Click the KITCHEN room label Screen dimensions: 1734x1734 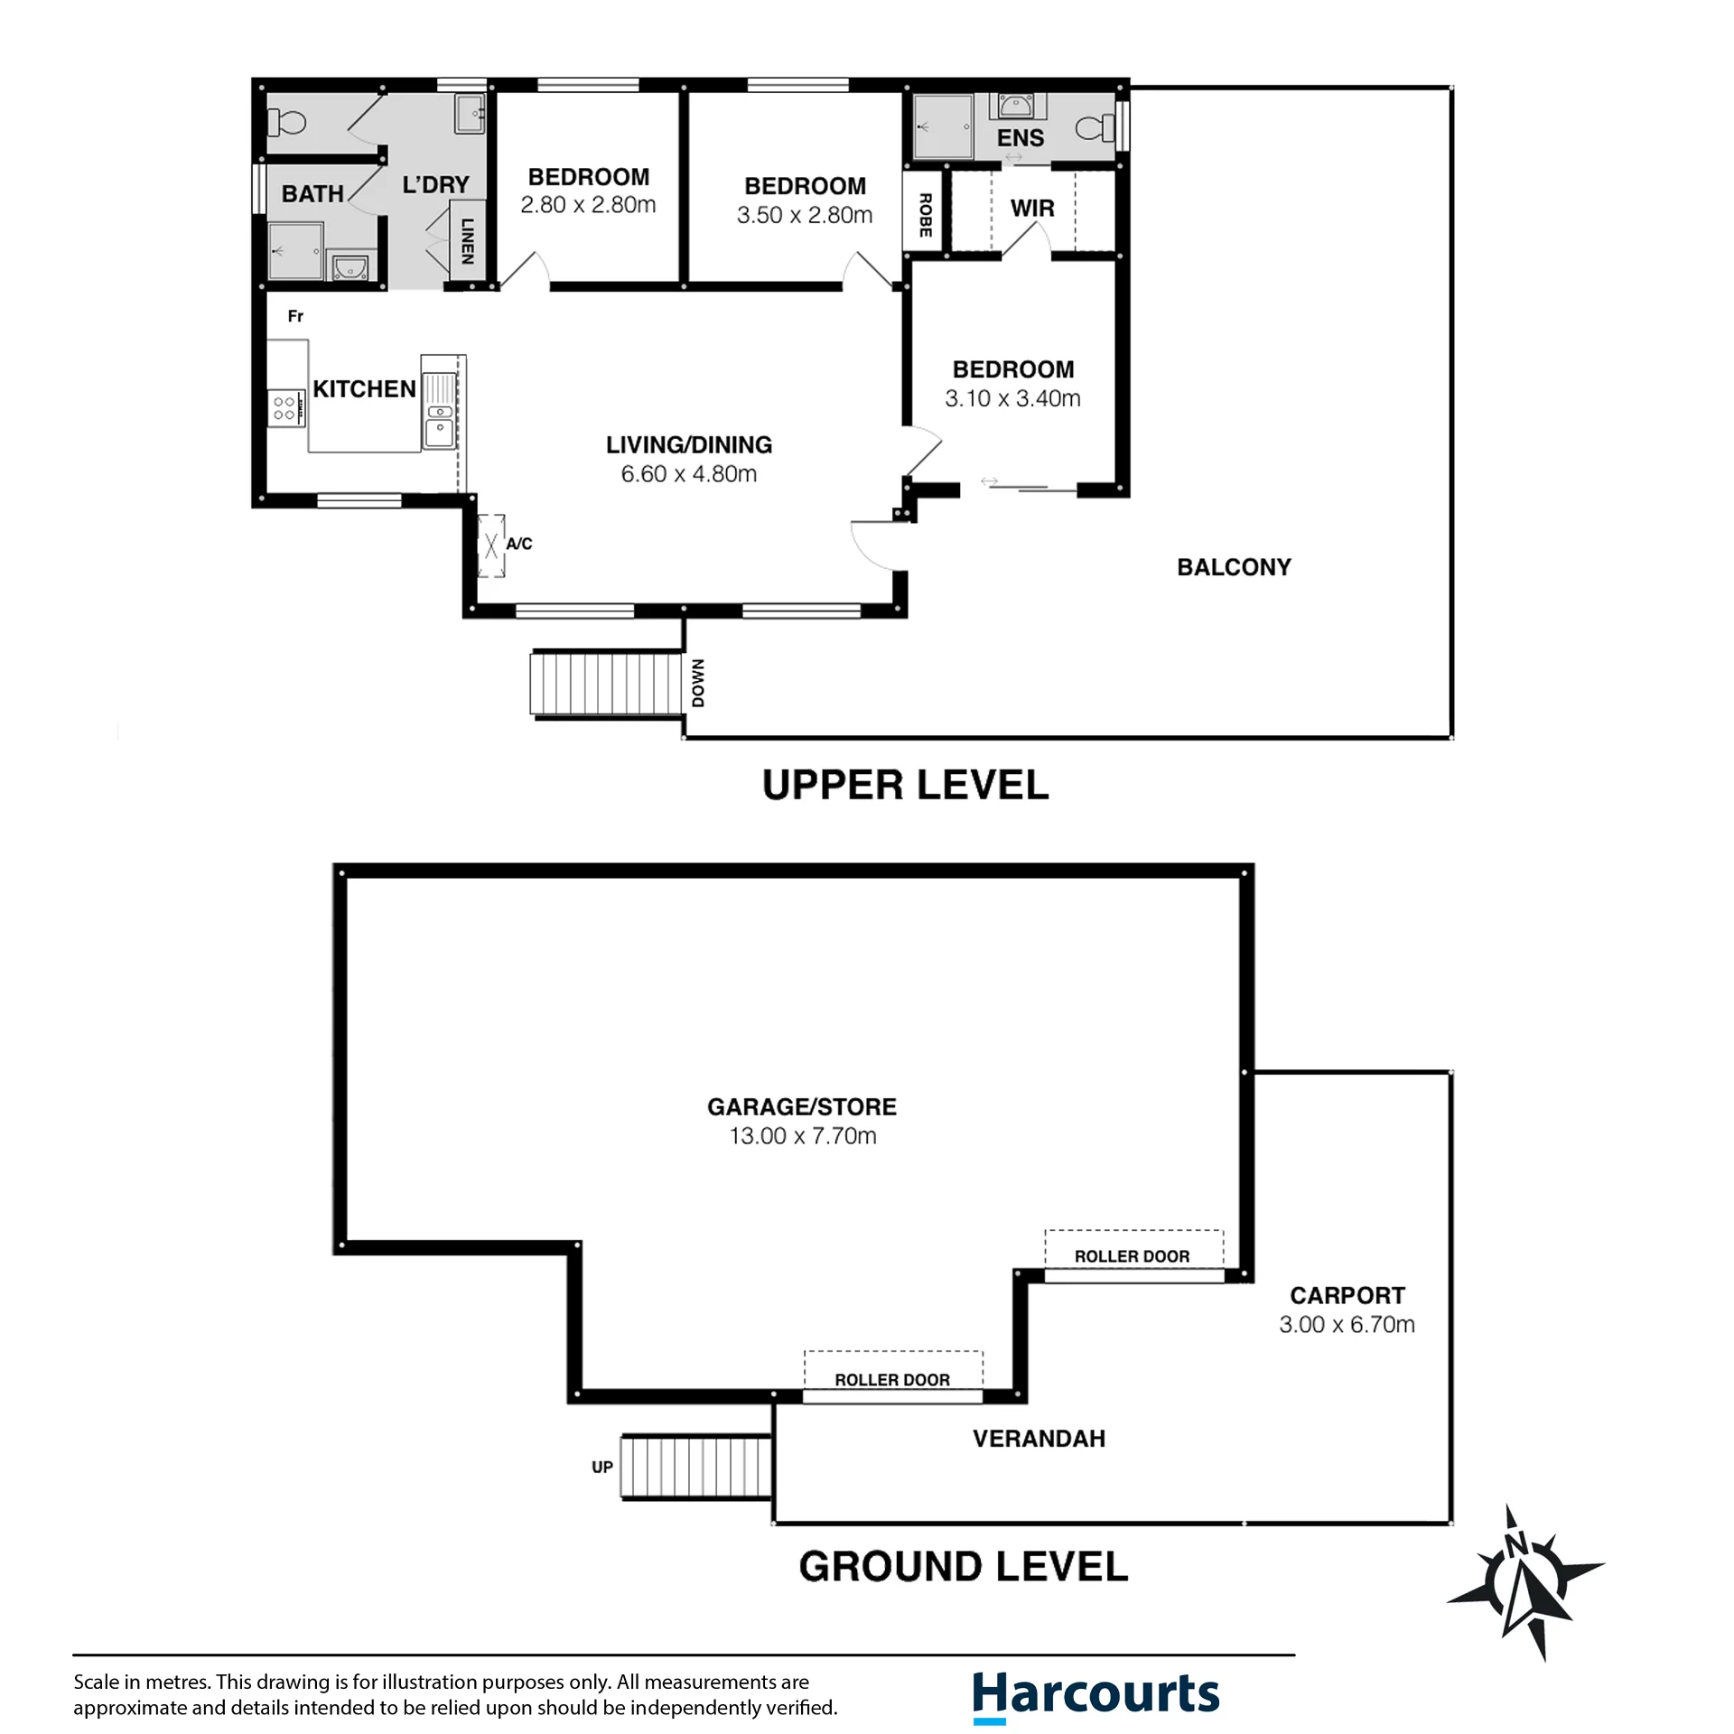tap(364, 389)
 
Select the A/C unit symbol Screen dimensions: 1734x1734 tap(491, 545)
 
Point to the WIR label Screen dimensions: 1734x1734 tap(1032, 209)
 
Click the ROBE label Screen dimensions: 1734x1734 tap(925, 215)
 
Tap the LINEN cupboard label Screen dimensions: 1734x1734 tap(467, 241)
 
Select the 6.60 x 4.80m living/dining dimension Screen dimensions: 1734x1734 tap(688, 474)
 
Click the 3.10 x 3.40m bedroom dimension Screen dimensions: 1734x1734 tap(1012, 398)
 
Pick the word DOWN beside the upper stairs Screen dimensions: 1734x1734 tap(698, 683)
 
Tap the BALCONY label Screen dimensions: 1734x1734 tap(1234, 567)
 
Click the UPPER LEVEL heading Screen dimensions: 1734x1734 tap(905, 785)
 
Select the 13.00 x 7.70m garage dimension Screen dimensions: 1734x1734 tap(803, 1136)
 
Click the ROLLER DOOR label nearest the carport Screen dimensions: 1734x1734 tap(1132, 1256)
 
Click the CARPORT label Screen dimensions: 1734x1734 tap(1347, 1296)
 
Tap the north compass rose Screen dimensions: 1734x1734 tap(1525, 1582)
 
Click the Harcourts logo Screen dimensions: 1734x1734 tap(1095, 1695)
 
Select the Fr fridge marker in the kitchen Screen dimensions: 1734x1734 tap(295, 316)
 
